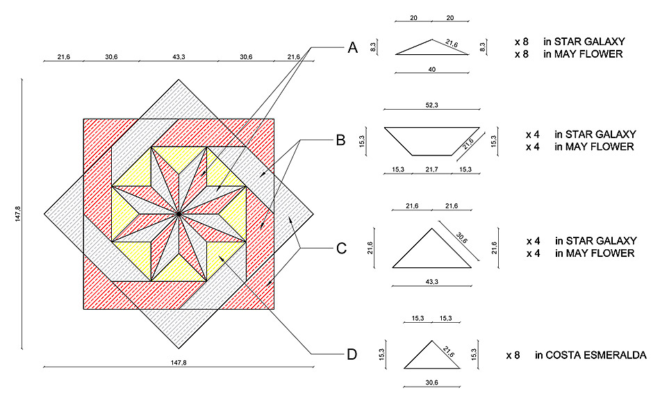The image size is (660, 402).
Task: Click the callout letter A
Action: click(353, 47)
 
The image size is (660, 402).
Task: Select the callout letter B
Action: click(340, 140)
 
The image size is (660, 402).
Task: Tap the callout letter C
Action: click(341, 248)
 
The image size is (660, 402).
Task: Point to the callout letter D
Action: click(352, 355)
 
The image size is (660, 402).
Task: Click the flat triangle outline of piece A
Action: click(432, 54)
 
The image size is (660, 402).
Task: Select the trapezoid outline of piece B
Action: click(432, 128)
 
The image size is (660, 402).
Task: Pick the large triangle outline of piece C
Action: click(432, 267)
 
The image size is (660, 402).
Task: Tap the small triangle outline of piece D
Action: click(432, 368)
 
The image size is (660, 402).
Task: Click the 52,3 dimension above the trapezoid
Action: click(432, 105)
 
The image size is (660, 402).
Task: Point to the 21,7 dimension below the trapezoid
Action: click(432, 169)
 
